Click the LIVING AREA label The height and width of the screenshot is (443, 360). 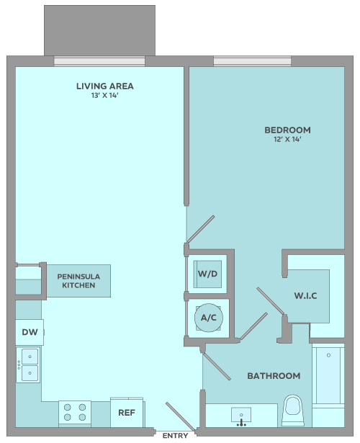tap(104, 86)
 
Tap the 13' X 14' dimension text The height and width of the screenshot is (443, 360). tap(104, 96)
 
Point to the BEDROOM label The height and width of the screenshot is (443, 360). tap(287, 130)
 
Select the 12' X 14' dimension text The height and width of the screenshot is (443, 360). tap(287, 139)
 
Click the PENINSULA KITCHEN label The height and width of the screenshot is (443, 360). tap(78, 281)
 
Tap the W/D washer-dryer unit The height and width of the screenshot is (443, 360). tap(207, 274)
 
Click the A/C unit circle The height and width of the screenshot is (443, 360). tap(209, 318)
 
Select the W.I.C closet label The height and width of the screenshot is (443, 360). tap(305, 296)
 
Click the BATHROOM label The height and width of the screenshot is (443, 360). tap(274, 376)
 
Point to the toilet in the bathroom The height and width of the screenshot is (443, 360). tap(293, 411)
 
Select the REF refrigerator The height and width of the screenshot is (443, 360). tap(127, 413)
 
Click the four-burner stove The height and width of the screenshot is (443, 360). tap(75, 413)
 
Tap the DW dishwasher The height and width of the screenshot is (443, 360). tap(30, 332)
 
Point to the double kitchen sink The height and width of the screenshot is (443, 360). tap(28, 364)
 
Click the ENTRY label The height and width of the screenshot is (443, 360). tap(176, 436)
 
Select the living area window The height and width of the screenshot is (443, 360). tap(99, 61)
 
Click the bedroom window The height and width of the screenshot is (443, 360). tap(253, 61)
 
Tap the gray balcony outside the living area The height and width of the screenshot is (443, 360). tap(99, 30)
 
